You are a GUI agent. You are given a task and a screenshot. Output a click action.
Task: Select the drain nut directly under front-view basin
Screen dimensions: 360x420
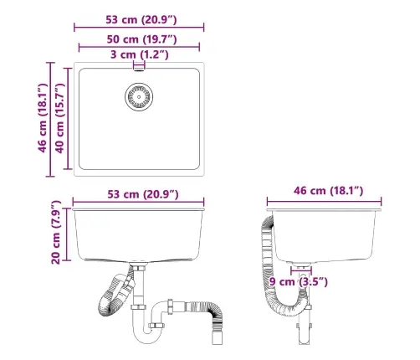click(138, 269)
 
